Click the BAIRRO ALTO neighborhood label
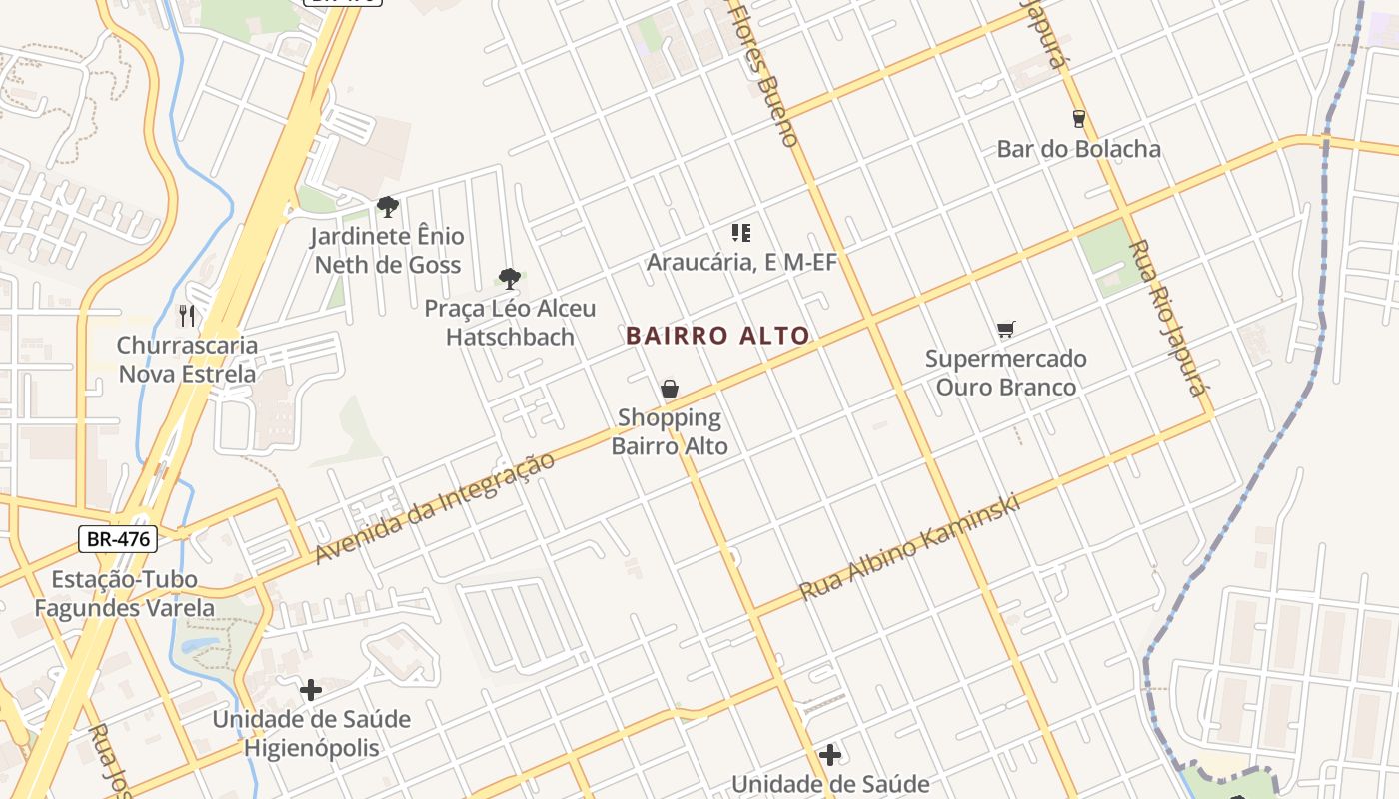[x=716, y=336]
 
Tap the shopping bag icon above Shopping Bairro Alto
[x=670, y=389]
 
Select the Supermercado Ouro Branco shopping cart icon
[x=1005, y=329]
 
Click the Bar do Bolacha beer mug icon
[x=1078, y=119]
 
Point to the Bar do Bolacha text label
[x=1078, y=149]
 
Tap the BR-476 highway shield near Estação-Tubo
[x=118, y=539]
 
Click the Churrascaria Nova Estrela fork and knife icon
[x=187, y=316]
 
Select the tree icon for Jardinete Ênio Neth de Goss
[x=388, y=207]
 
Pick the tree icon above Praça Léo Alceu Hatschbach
[x=510, y=278]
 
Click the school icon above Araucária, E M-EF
[x=740, y=233]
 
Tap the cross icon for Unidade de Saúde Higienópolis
[x=311, y=690]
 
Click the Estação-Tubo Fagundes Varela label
[x=125, y=593]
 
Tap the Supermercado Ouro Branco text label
[x=1005, y=373]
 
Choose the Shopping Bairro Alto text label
[x=670, y=431]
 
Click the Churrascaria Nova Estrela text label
[x=187, y=360]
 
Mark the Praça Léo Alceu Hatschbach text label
[x=510, y=323]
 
